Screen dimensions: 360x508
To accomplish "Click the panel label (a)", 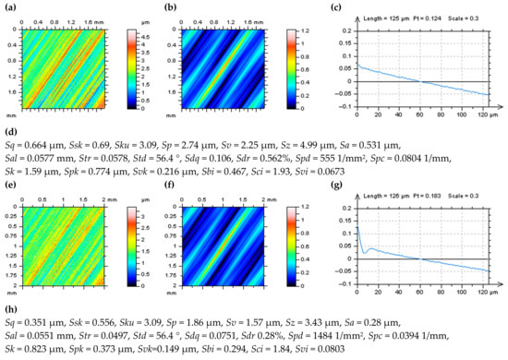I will [x=8, y=8].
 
